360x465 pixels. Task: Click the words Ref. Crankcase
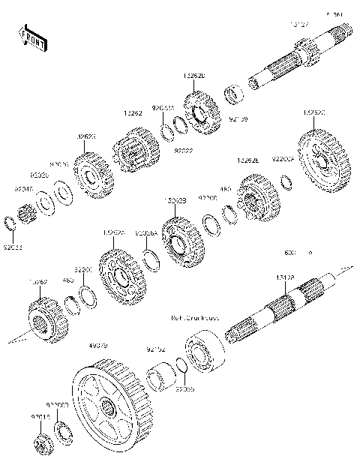click(x=197, y=318)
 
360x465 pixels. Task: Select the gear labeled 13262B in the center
click(x=178, y=243)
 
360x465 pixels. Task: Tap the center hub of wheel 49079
click(x=110, y=409)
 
